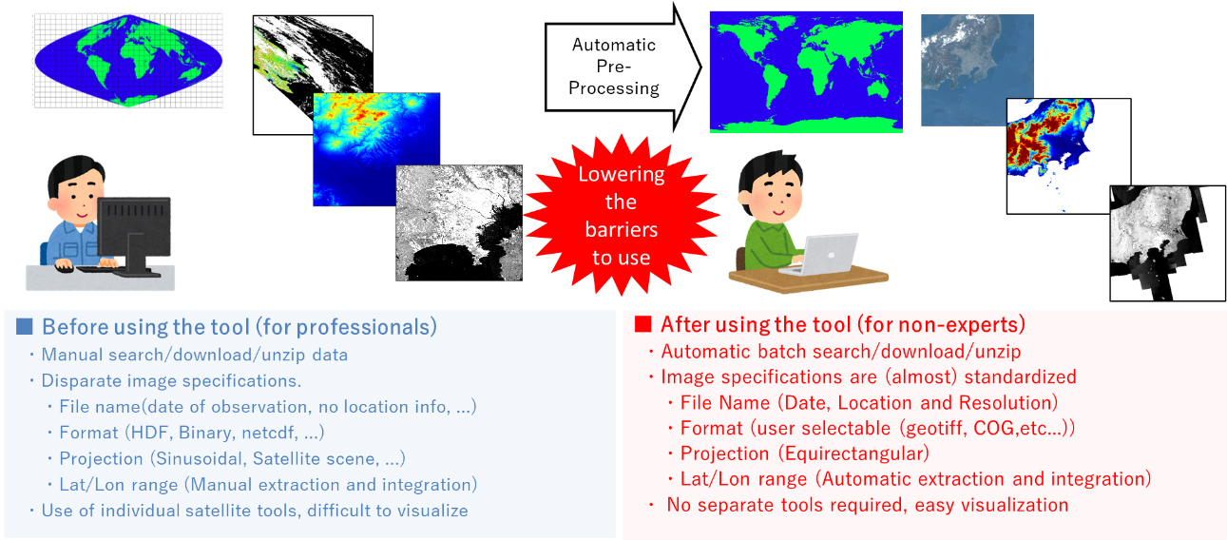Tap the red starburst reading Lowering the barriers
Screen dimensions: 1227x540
(x=622, y=215)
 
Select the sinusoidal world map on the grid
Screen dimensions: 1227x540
(x=128, y=60)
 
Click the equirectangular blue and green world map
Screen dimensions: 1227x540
(x=806, y=71)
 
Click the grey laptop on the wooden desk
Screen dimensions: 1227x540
(x=820, y=255)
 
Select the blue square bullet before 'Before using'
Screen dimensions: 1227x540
(x=25, y=326)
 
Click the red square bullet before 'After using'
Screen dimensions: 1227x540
(x=643, y=324)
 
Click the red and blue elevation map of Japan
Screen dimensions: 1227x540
(x=1068, y=156)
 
